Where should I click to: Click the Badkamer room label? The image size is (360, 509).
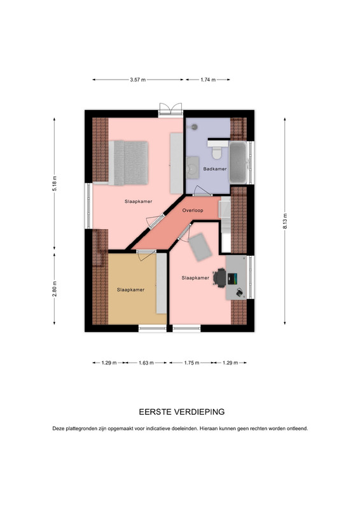point(215,169)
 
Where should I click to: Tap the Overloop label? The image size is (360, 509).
point(193,211)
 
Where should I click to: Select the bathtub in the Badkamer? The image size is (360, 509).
point(239,162)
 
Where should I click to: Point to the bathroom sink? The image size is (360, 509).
point(193,167)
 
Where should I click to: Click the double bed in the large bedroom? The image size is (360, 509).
point(128,163)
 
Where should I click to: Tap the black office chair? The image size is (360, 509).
point(220,278)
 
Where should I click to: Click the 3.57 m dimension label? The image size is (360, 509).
point(138,80)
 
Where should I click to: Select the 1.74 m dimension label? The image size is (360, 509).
point(208,80)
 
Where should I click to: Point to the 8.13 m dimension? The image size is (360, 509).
point(285,221)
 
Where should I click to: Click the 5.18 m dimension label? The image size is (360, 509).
point(55,183)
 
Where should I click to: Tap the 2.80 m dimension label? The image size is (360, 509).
point(55,289)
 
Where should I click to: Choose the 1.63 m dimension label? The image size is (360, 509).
point(146,363)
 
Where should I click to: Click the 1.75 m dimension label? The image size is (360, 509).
point(191,363)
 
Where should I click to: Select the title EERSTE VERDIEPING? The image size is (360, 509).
point(182,412)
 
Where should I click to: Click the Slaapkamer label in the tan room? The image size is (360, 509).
point(130,290)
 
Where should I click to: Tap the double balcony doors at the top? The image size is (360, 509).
point(170,109)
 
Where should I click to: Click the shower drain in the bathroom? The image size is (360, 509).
point(194,127)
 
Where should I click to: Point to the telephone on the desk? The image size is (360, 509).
point(239,292)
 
